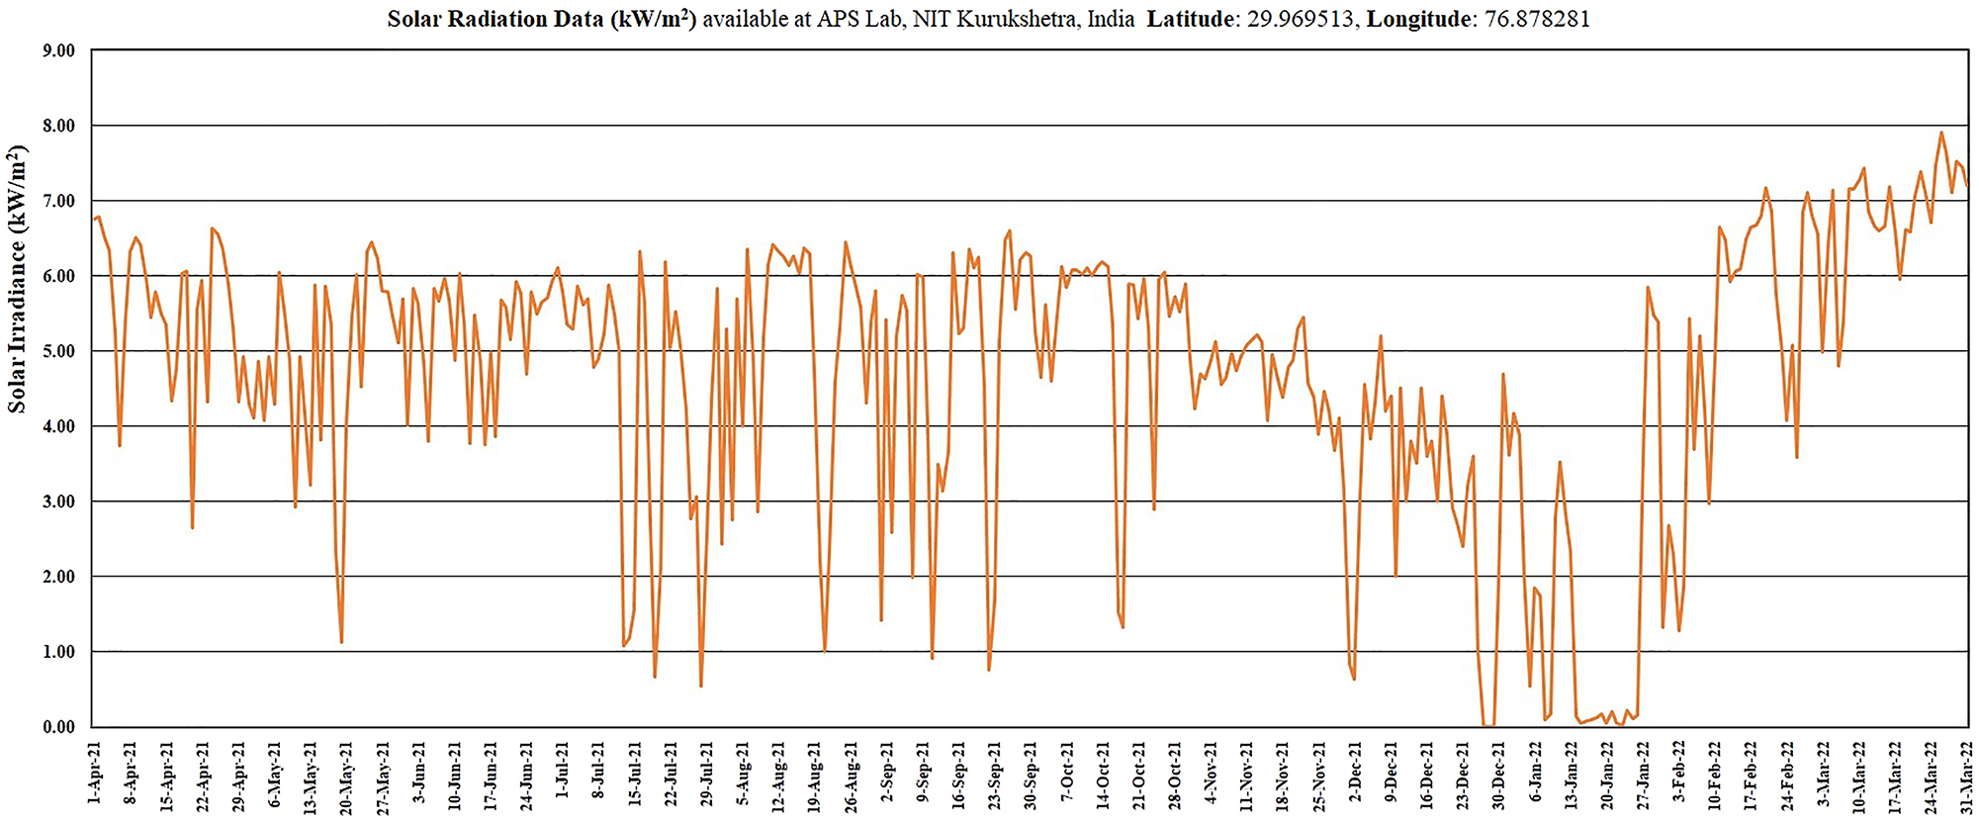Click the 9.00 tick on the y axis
click(58, 50)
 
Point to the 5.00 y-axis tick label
click(58, 351)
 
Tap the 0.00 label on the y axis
click(58, 727)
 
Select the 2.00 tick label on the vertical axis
click(58, 577)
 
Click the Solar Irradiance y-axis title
click(17, 280)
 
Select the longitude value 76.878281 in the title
click(1537, 20)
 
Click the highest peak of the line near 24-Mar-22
click(1940, 133)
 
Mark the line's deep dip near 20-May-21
click(341, 642)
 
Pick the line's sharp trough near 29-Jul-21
click(701, 685)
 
